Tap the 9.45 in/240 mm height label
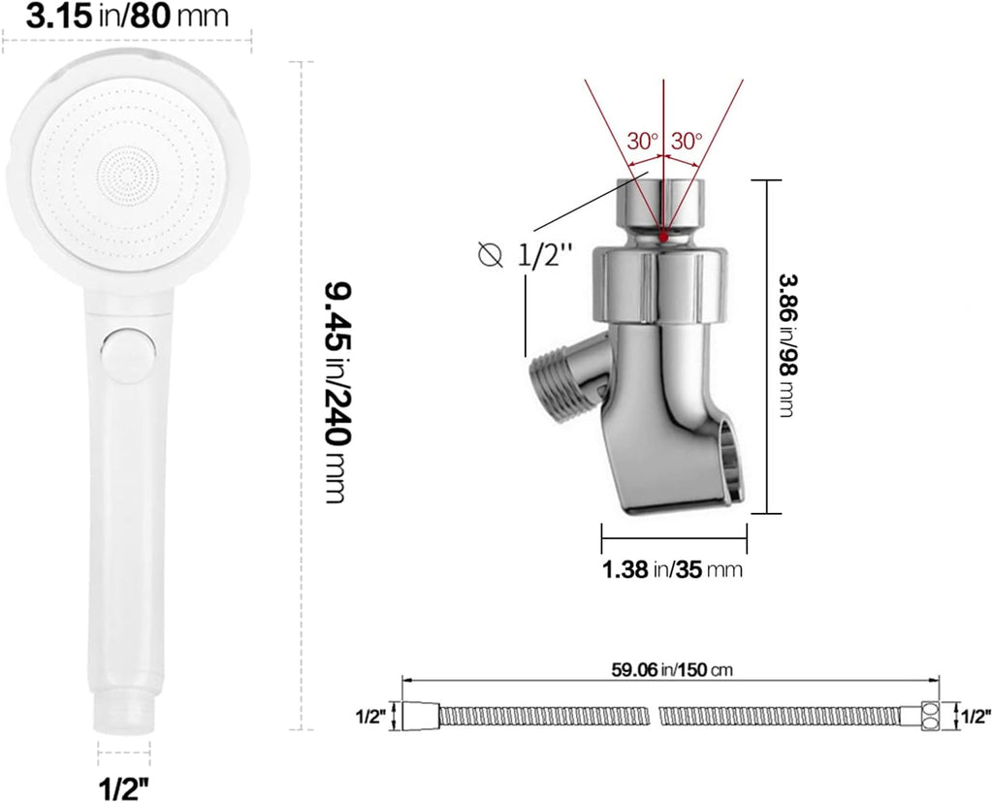(335, 392)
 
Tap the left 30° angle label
(641, 141)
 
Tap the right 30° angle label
(686, 141)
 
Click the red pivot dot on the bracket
(662, 236)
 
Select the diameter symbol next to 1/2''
(492, 255)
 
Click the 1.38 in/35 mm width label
(672, 569)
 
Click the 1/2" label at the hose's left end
(371, 717)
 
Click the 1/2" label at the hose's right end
(975, 717)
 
